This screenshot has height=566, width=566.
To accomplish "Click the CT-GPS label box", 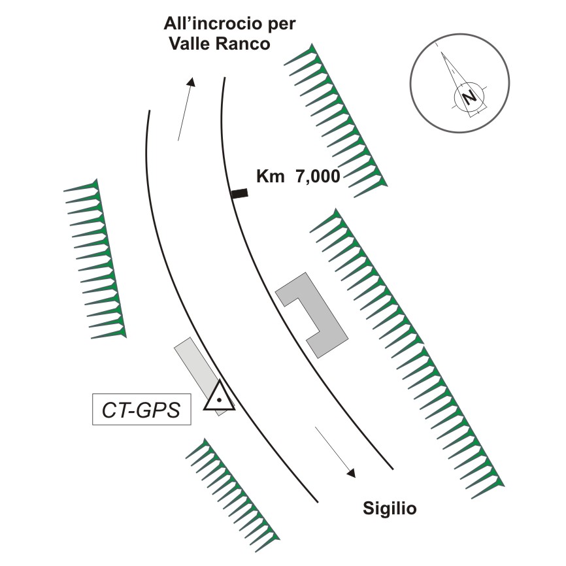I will click(142, 410).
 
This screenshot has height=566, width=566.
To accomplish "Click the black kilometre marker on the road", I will click(240, 193).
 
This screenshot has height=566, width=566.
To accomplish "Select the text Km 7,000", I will click(298, 176).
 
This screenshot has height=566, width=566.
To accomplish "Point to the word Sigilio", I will click(389, 508).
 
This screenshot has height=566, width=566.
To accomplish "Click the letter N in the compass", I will click(469, 97).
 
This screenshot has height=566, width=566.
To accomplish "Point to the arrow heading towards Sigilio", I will click(335, 452).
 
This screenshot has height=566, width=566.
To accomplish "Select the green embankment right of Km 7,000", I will click(337, 118).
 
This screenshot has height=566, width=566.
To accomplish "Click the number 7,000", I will click(315, 176).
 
